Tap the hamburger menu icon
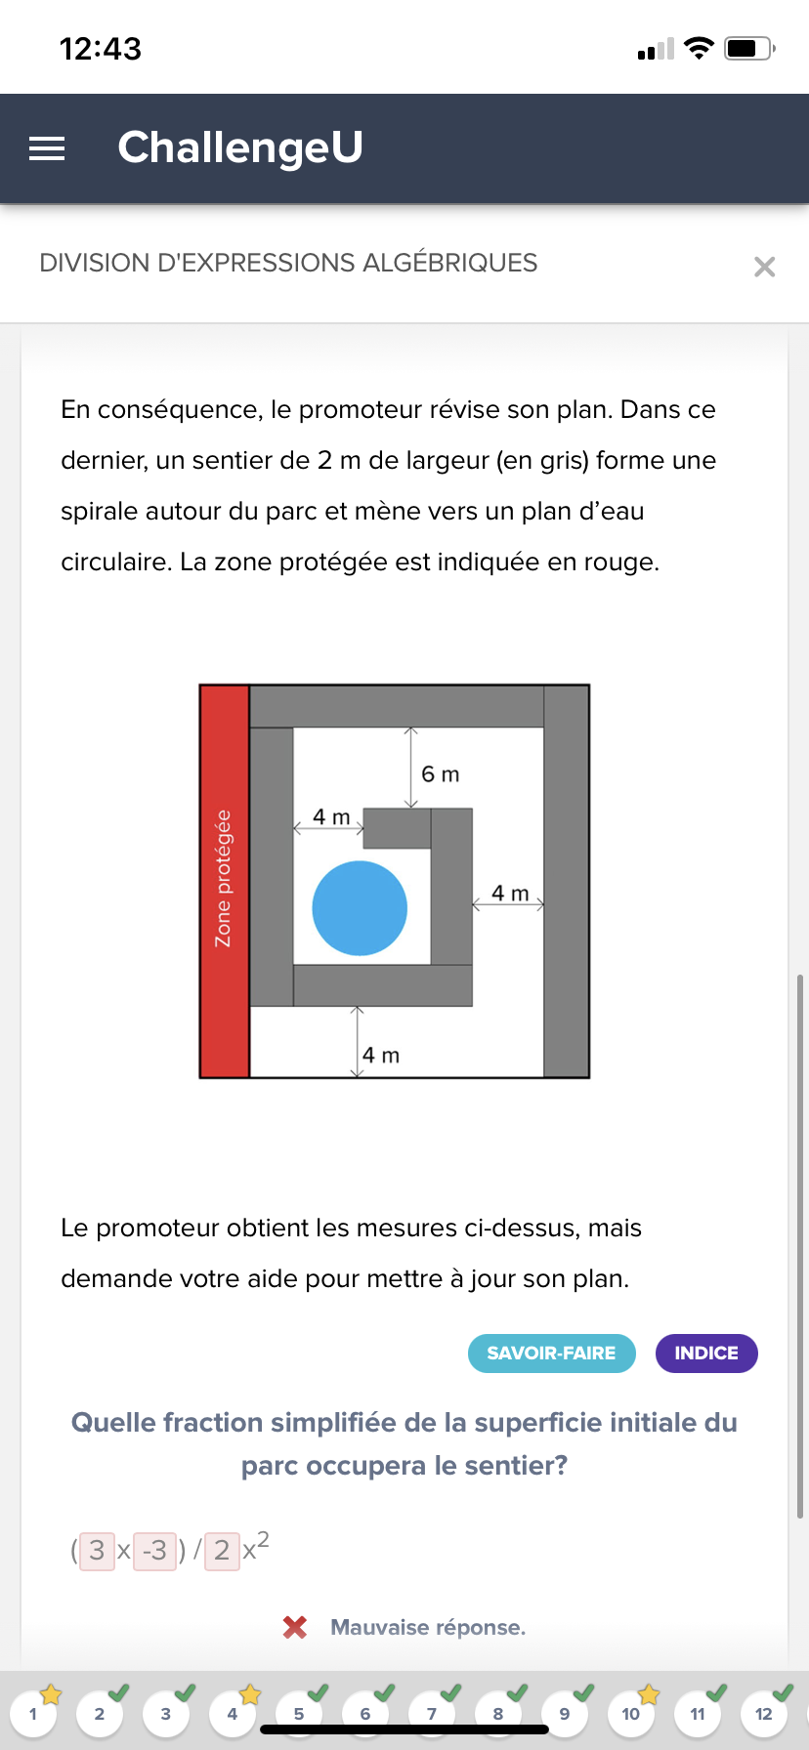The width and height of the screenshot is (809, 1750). pyautogui.click(x=47, y=148)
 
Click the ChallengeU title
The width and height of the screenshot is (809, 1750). pyautogui.click(x=240, y=147)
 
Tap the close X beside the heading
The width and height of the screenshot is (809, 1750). pyautogui.click(x=764, y=267)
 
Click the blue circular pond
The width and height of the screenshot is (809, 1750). pyautogui.click(x=360, y=908)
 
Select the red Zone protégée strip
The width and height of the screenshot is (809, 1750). pyautogui.click(x=224, y=881)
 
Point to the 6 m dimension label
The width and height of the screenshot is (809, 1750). pyautogui.click(x=440, y=774)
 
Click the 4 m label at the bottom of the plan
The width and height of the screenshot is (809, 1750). pyautogui.click(x=381, y=1056)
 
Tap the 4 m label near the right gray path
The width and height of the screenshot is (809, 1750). pyautogui.click(x=509, y=894)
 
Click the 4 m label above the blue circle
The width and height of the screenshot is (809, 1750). pyautogui.click(x=331, y=816)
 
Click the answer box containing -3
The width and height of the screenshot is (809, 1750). pyautogui.click(x=154, y=1550)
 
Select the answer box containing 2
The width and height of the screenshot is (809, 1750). pyautogui.click(x=222, y=1550)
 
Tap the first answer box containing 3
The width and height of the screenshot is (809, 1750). pyautogui.click(x=97, y=1550)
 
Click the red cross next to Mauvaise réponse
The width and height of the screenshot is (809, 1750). pyautogui.click(x=294, y=1627)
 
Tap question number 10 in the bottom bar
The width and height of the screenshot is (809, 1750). pyautogui.click(x=631, y=1714)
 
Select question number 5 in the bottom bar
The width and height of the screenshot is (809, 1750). pyautogui.click(x=299, y=1714)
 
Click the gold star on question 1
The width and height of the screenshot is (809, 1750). pyautogui.click(x=51, y=1694)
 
